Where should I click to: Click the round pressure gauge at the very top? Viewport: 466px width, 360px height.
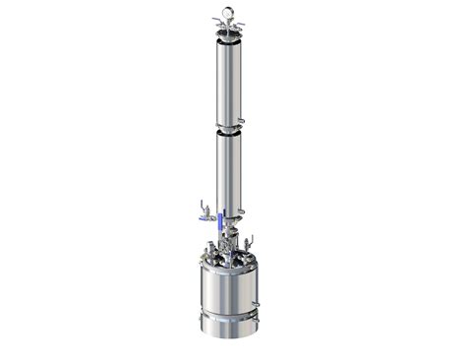coord(228,13)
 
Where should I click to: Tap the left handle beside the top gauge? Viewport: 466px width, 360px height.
coord(216,21)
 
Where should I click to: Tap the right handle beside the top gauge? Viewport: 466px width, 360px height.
coord(241,21)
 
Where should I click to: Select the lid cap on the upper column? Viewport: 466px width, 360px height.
coord(228,36)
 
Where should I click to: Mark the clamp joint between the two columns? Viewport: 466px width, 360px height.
coord(228,129)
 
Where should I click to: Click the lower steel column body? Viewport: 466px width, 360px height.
coord(228,172)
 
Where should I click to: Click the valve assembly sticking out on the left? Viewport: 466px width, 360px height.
coord(203,209)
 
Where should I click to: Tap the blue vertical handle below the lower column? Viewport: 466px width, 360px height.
coord(221,221)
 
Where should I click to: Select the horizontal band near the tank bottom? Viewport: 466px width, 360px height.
coord(228,318)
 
